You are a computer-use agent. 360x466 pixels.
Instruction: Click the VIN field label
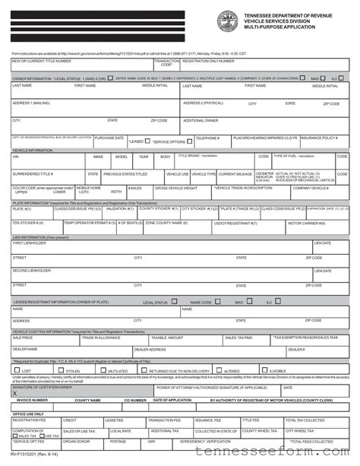[x=15, y=156]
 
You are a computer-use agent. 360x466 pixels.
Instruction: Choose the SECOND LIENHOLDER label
[x=32, y=270]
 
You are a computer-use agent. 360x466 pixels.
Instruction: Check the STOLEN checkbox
[x=64, y=370]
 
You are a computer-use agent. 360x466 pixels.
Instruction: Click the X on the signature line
[x=14, y=392]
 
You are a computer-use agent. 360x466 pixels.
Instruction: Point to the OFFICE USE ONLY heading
[x=28, y=414]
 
